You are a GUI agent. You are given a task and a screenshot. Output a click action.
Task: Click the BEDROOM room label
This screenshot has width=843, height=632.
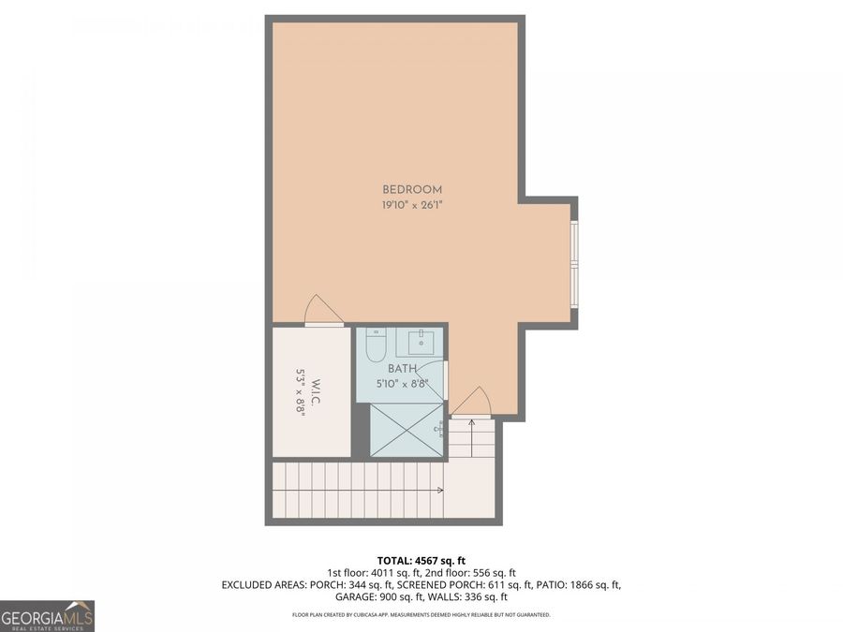pyautogui.click(x=411, y=190)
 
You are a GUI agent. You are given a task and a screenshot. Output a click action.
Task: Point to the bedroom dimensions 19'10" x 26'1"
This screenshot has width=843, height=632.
pyautogui.click(x=411, y=204)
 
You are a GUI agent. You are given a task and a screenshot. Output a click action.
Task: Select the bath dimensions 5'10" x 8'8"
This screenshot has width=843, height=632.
pyautogui.click(x=402, y=383)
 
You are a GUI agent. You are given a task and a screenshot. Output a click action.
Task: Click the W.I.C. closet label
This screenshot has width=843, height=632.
pyautogui.click(x=318, y=392)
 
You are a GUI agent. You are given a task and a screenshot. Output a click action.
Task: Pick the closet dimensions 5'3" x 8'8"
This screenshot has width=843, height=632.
pyautogui.click(x=301, y=392)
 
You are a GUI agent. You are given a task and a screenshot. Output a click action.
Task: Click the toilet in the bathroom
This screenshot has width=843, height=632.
pyautogui.click(x=376, y=345)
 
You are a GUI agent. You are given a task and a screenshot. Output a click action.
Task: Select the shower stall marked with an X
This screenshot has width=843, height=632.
pyautogui.click(x=407, y=430)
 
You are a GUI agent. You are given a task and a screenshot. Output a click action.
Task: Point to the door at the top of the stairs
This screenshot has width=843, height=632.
pyautogui.click(x=471, y=402)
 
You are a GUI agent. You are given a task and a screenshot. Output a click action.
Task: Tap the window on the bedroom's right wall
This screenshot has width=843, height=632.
pyautogui.click(x=575, y=263)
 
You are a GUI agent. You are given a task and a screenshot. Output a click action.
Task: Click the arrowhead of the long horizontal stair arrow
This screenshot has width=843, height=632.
pyautogui.click(x=440, y=490)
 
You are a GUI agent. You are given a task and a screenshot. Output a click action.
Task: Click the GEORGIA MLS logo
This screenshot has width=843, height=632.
pyautogui.click(x=47, y=616)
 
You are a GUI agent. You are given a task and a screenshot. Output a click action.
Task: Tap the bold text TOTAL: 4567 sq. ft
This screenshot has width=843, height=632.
pyautogui.click(x=421, y=559)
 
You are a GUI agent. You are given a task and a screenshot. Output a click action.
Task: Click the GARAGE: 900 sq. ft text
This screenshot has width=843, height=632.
pyautogui.click(x=384, y=596)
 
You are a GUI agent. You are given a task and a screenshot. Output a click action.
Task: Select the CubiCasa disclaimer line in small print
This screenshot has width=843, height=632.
pyautogui.click(x=421, y=615)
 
